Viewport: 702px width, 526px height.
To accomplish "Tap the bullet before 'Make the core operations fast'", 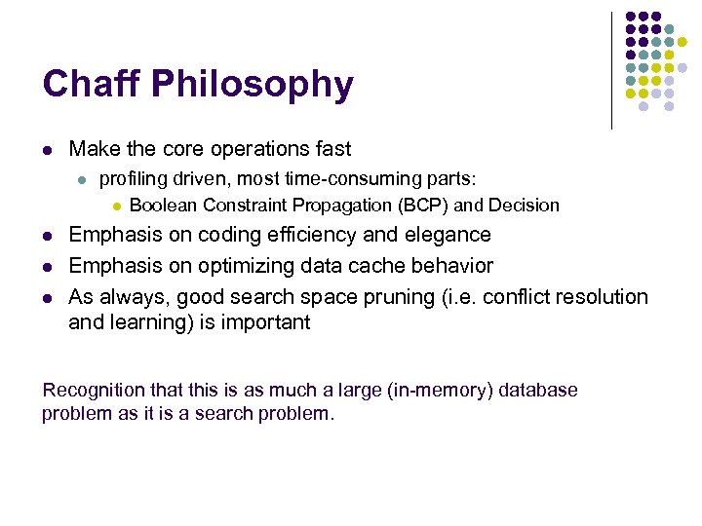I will click(x=46, y=150).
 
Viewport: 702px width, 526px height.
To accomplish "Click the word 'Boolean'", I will click(x=163, y=206).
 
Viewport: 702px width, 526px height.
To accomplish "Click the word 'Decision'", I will click(x=524, y=206).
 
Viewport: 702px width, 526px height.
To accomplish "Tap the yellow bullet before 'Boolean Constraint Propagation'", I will click(x=115, y=206).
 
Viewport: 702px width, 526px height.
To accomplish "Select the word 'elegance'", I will click(x=443, y=236).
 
